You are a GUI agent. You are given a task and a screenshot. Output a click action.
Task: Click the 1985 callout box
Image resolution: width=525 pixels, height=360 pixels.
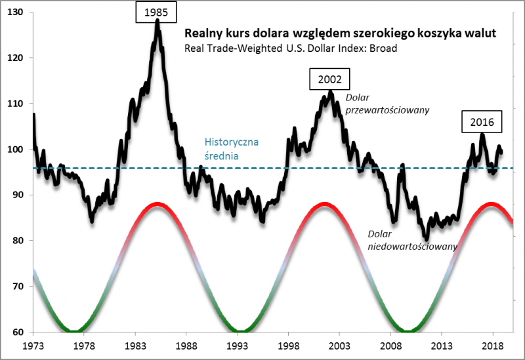[157, 12]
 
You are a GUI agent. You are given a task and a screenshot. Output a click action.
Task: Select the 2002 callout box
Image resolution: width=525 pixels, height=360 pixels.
[329, 80]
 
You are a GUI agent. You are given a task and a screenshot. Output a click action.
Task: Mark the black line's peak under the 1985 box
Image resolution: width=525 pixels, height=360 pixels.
[157, 22]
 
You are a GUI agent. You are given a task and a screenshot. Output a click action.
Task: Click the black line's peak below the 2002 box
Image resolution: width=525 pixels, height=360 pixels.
[329, 92]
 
